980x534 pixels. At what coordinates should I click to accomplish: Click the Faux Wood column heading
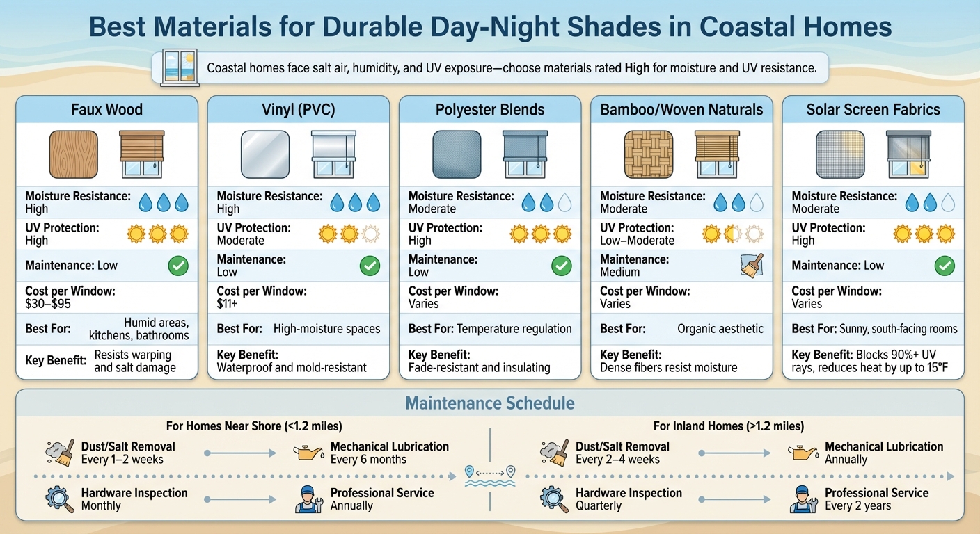point(106,110)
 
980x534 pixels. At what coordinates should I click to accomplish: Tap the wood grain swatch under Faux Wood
point(73,154)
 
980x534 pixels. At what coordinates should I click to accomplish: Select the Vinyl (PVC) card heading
point(299,110)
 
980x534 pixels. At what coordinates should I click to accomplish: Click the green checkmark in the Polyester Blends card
point(561,266)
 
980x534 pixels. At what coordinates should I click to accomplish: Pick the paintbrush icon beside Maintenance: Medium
point(752,266)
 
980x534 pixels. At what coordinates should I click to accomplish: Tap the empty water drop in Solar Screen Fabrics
point(947,202)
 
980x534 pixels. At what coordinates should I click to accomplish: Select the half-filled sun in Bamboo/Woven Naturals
point(732,234)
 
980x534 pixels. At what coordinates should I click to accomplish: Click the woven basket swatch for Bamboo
point(648,154)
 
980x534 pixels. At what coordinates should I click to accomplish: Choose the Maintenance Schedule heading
point(490,403)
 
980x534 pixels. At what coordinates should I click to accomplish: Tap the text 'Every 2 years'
point(857,505)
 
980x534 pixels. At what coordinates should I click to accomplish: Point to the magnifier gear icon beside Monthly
point(59,499)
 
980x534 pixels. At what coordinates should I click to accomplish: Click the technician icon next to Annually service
point(309,499)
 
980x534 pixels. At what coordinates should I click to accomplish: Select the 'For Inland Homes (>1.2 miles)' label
point(728,426)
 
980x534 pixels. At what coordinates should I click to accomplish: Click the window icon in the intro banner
point(180,68)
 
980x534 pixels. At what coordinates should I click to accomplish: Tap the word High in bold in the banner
point(638,69)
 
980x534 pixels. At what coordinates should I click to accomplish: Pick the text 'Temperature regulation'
point(515,329)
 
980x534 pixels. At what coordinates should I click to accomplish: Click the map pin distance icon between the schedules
point(491,473)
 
